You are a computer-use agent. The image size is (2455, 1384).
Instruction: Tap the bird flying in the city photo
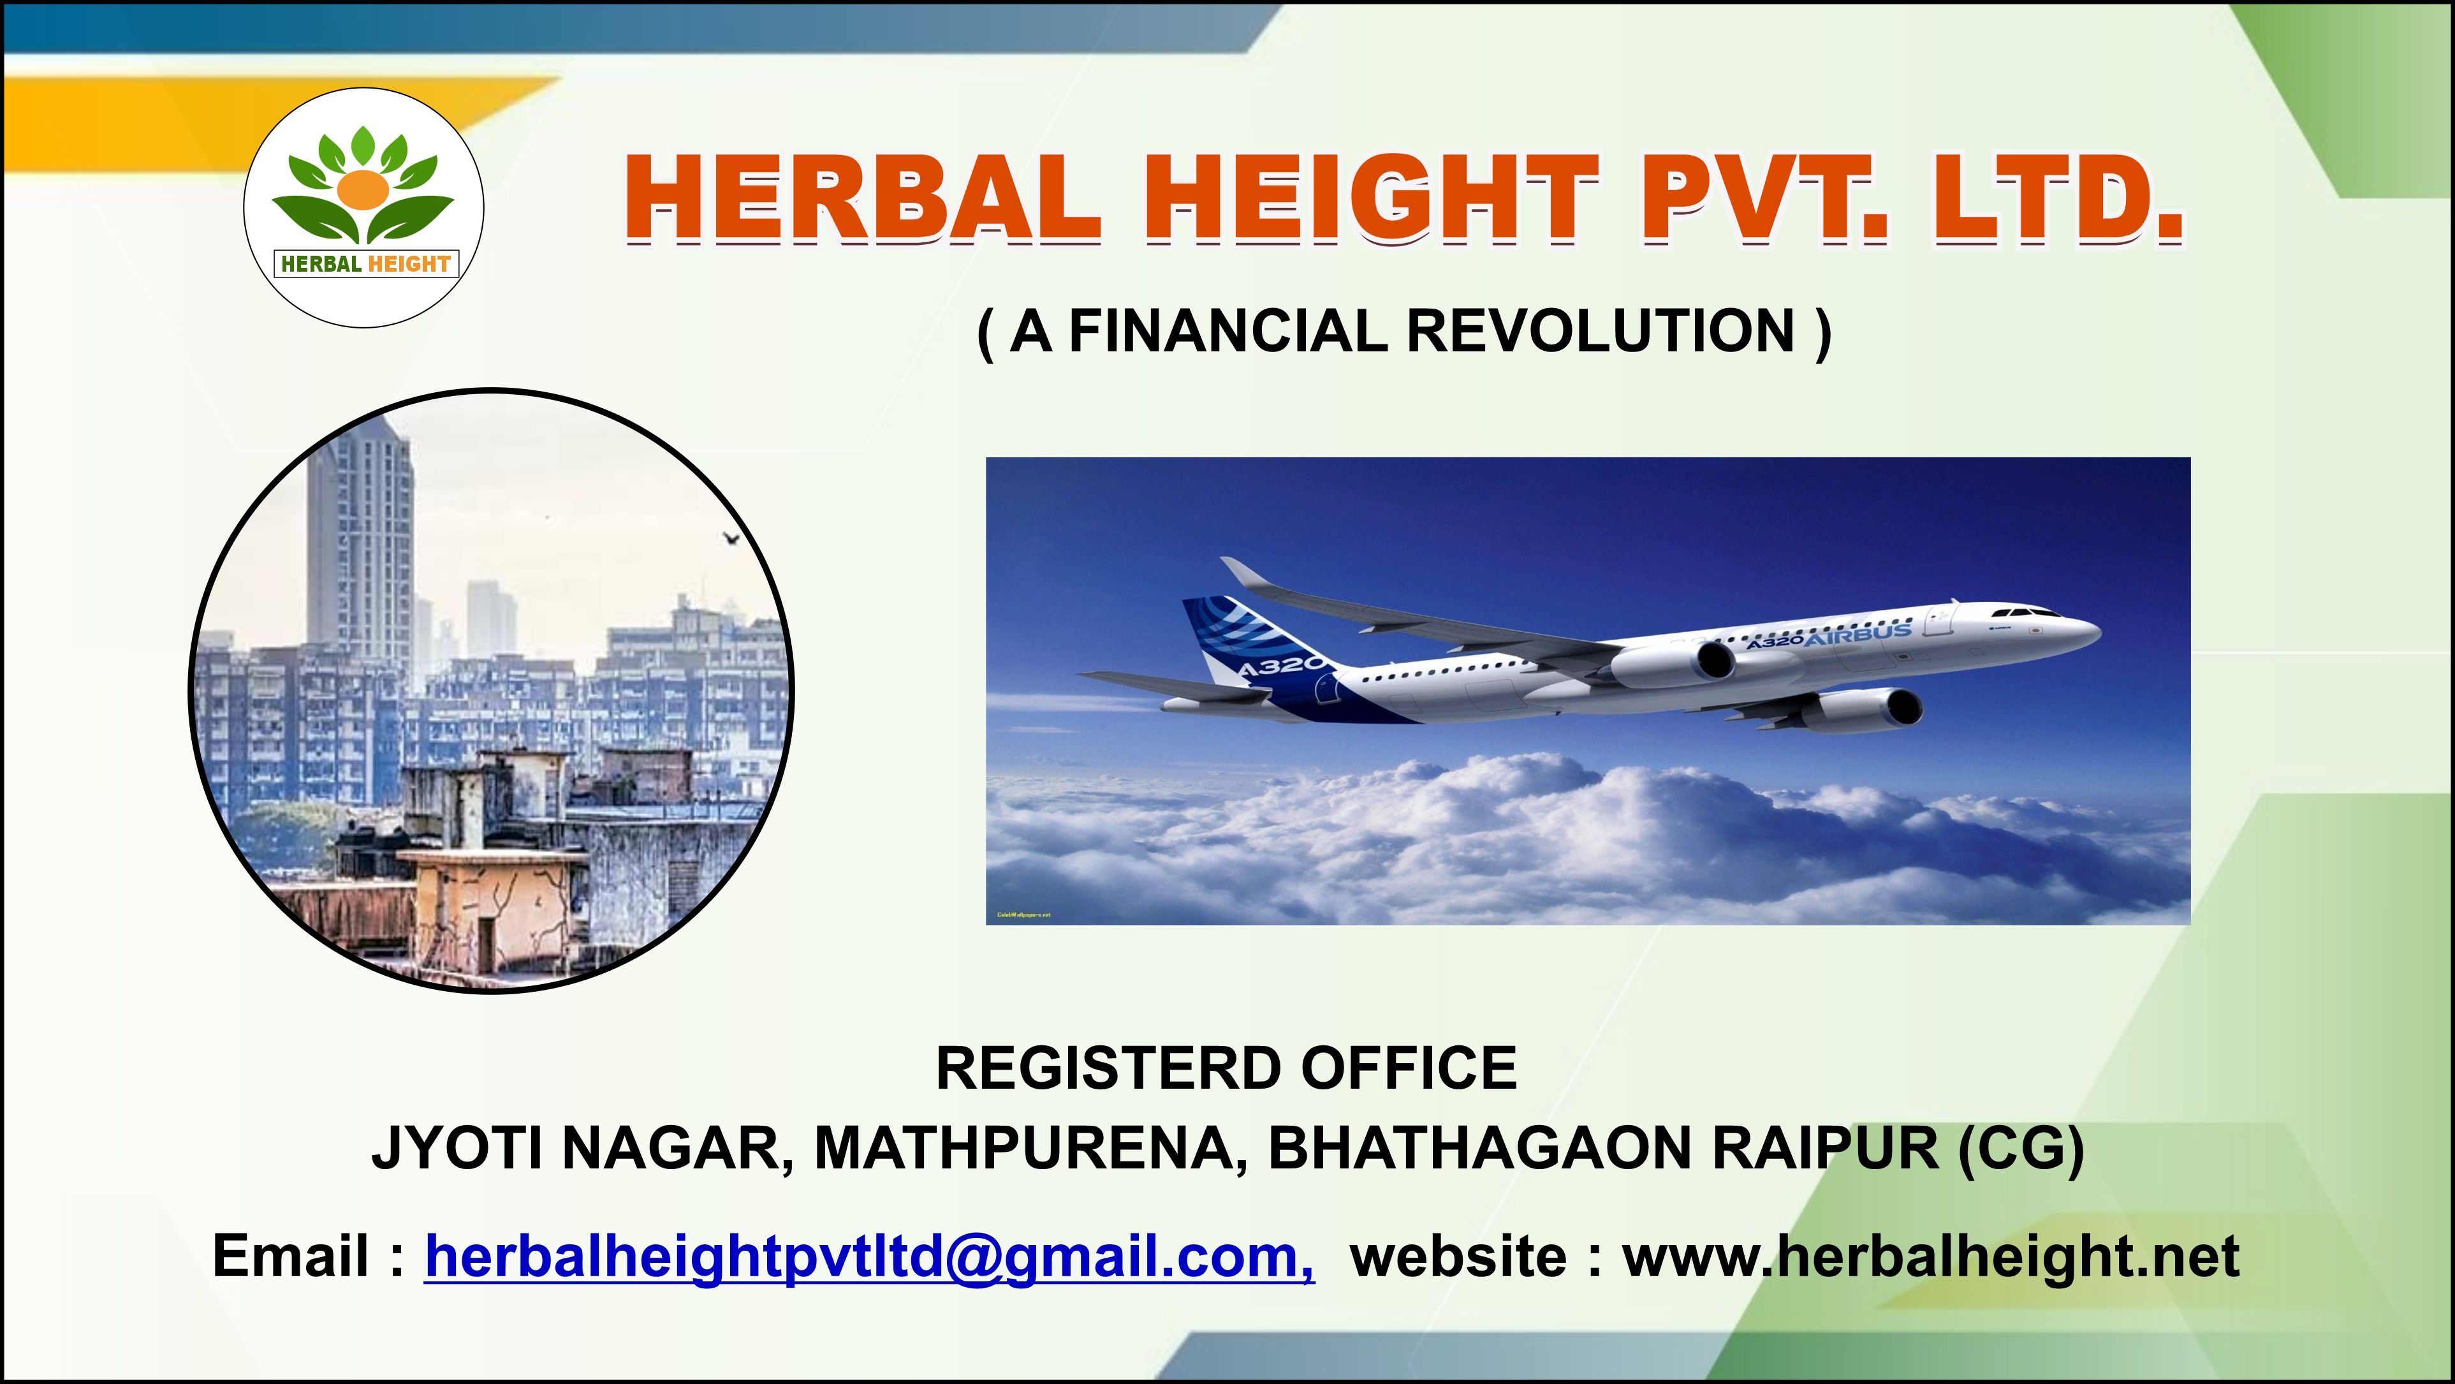[x=732, y=540]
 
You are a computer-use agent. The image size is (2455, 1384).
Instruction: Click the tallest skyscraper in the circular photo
[x=360, y=543]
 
